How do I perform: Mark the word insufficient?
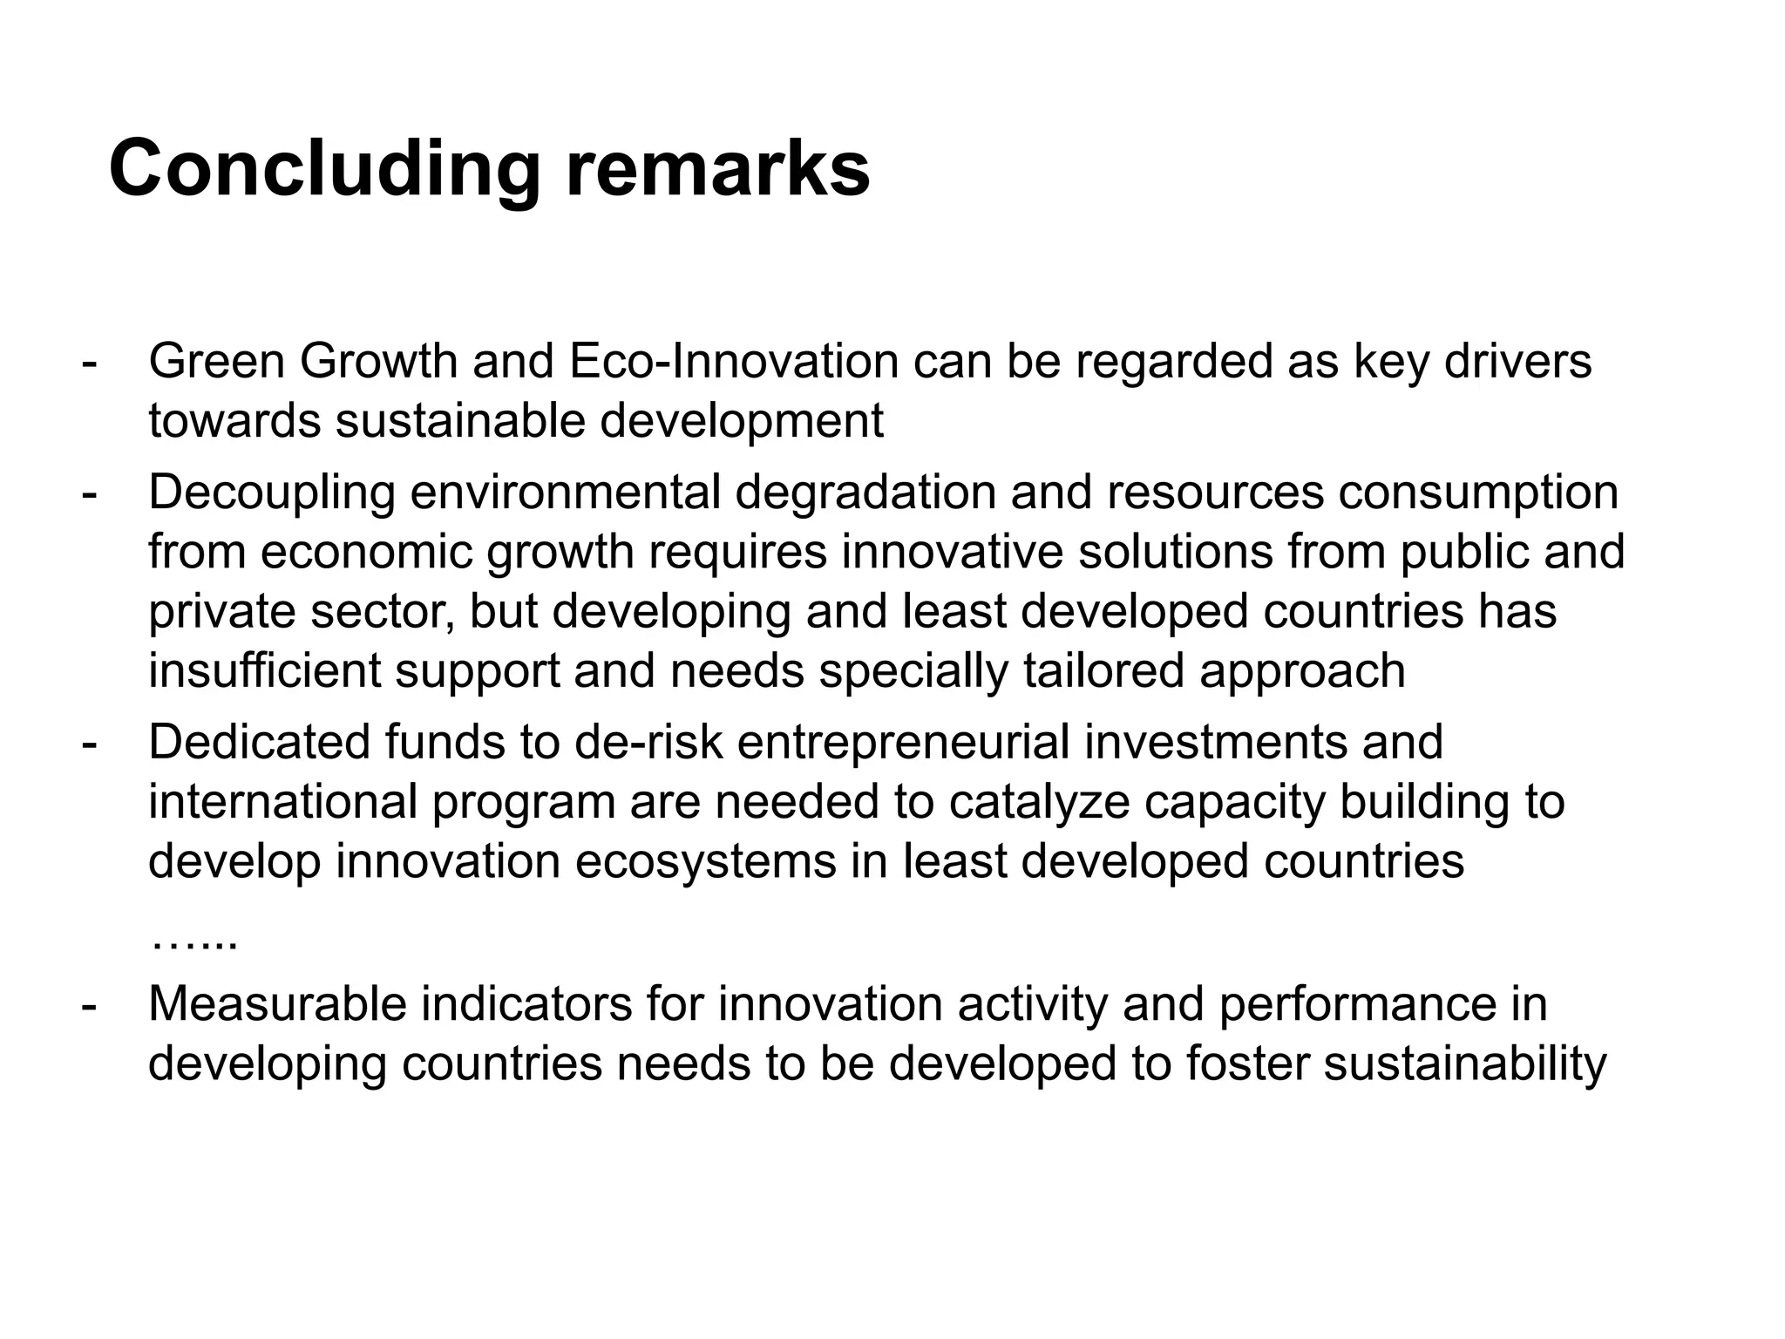point(265,670)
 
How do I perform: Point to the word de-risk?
point(648,742)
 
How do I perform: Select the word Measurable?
point(277,1003)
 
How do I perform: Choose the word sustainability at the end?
point(1464,1063)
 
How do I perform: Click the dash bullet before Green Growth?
point(88,363)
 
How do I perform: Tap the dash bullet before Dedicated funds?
point(88,744)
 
